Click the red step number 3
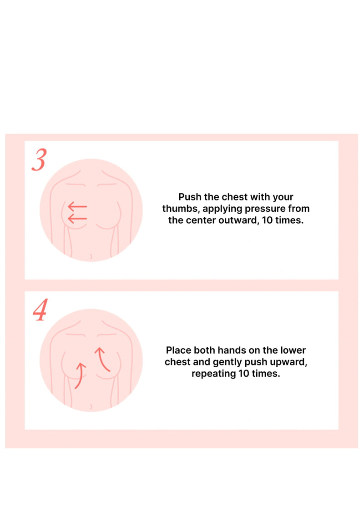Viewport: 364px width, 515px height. point(39,160)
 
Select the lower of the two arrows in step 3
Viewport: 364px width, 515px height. point(77,220)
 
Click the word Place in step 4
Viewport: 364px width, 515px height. point(179,350)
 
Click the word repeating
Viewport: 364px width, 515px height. point(212,375)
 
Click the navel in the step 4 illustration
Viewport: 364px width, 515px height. point(91,406)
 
